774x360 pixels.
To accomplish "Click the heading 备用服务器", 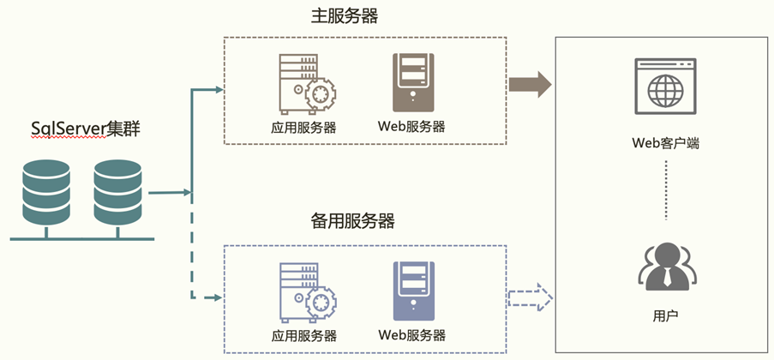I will (x=352, y=221).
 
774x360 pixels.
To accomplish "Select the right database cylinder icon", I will (x=118, y=190).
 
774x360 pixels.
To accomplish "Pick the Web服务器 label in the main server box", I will (x=411, y=127).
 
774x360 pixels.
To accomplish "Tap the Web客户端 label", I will (x=666, y=143).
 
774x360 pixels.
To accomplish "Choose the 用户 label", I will (x=666, y=316).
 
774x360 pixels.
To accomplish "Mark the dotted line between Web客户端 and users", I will (x=666, y=191).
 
